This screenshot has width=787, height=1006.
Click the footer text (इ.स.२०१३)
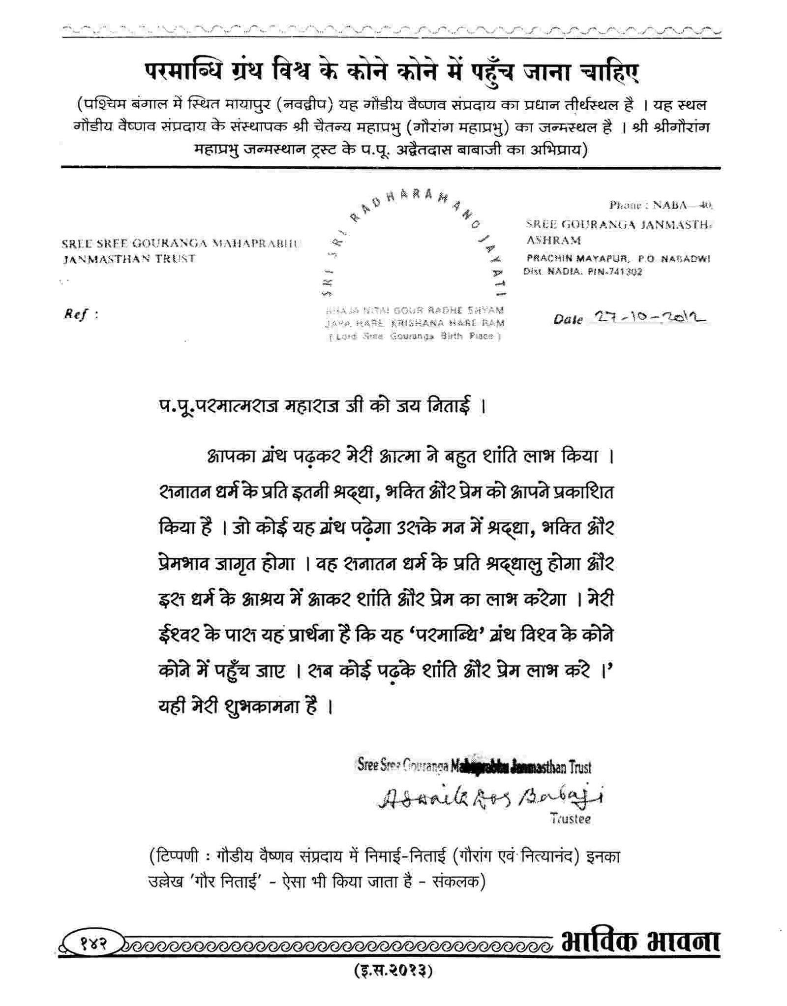click(393, 971)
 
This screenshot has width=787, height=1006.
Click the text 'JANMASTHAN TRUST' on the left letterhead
click(129, 259)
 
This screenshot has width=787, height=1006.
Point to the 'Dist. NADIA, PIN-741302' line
click(582, 272)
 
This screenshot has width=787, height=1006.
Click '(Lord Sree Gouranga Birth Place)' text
click(415, 337)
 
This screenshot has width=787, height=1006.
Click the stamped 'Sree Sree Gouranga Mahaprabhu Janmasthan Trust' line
click(474, 766)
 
